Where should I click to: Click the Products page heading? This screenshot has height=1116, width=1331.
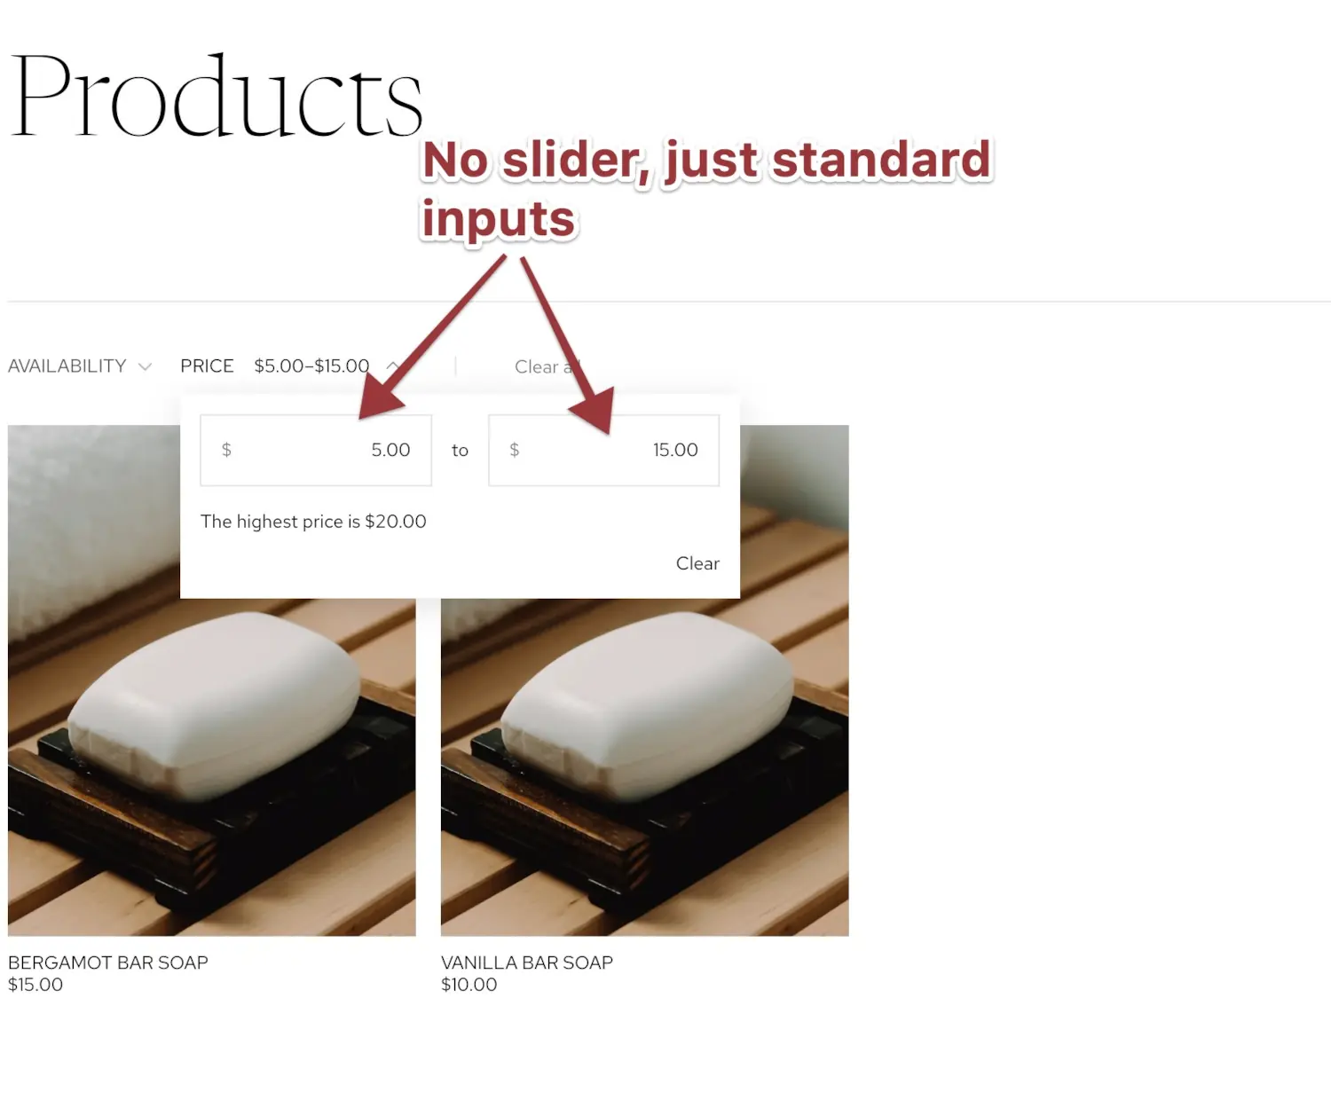(x=217, y=96)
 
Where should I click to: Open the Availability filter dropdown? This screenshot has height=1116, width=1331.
(x=67, y=366)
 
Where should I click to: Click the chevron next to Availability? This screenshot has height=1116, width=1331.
(x=146, y=366)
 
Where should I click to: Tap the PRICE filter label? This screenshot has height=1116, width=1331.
(x=207, y=366)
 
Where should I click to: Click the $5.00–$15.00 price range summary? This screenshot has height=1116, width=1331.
(x=311, y=366)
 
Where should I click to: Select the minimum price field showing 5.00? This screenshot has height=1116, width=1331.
(x=316, y=450)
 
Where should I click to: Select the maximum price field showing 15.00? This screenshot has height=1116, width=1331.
(x=603, y=450)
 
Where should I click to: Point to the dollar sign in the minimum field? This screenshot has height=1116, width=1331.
(x=226, y=450)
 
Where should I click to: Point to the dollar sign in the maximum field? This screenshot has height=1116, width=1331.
(x=515, y=450)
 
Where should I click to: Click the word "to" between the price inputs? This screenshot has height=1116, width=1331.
(x=460, y=451)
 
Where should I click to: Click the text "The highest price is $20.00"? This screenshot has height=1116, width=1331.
(x=313, y=522)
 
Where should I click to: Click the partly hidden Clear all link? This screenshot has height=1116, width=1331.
(x=539, y=367)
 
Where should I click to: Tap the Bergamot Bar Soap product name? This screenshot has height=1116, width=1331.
(x=108, y=963)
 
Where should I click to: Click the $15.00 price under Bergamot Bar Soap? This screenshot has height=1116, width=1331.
(x=35, y=985)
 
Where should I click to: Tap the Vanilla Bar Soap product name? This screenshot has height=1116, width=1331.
(x=527, y=963)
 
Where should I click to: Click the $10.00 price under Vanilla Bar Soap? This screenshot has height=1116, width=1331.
(x=469, y=985)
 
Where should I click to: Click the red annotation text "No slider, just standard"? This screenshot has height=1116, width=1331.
(x=706, y=161)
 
